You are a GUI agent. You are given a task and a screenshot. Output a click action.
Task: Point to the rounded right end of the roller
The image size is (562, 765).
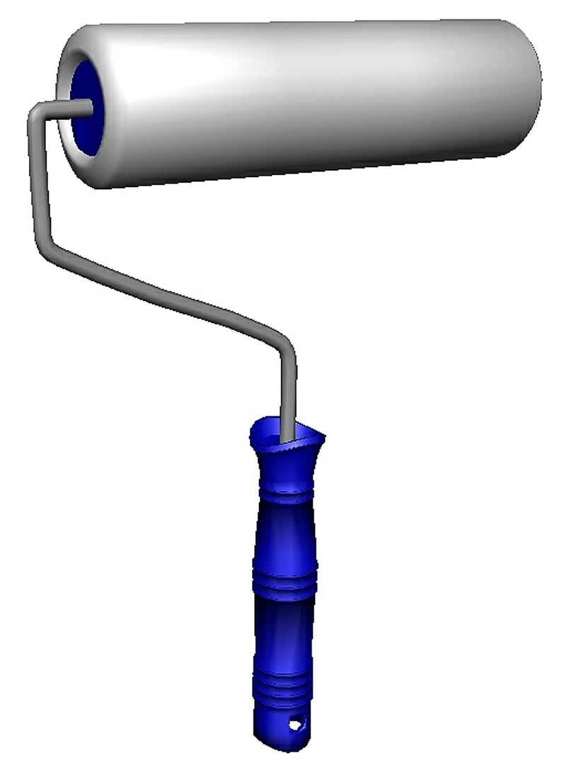click(527, 85)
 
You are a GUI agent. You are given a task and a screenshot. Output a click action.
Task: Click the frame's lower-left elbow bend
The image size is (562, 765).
click(44, 241)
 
